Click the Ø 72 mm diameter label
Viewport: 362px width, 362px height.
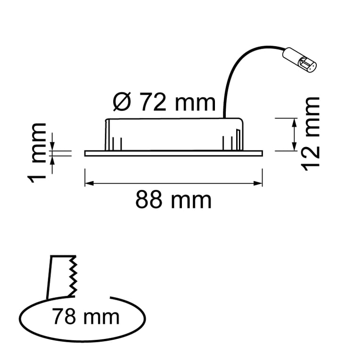click(x=164, y=102)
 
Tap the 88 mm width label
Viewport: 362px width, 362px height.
click(x=173, y=200)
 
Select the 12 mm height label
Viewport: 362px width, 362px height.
click(x=311, y=134)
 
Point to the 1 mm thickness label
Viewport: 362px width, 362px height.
click(x=37, y=153)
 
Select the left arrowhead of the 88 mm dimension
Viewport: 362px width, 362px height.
click(x=89, y=183)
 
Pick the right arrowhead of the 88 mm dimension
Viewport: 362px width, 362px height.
click(x=258, y=183)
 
